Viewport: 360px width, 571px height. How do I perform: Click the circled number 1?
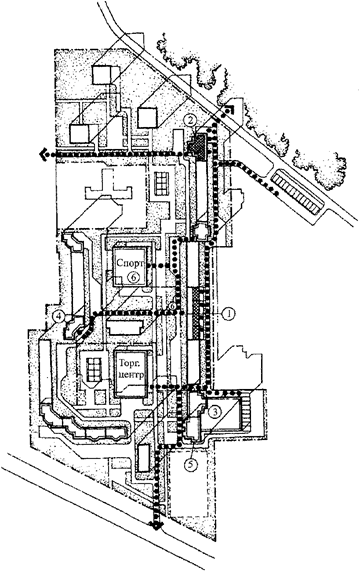point(229,313)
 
